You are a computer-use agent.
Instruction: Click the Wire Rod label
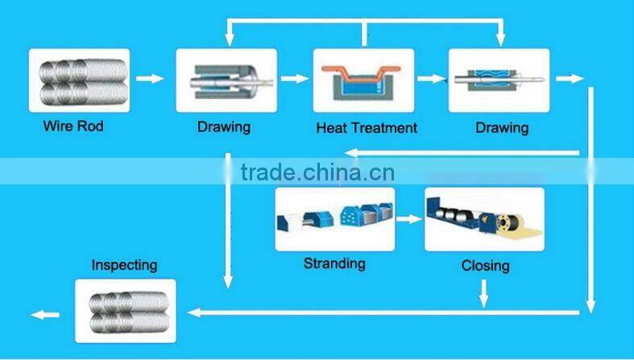pos(73,126)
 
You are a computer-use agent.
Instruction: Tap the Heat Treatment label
pos(367,128)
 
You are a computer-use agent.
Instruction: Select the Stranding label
pos(334,263)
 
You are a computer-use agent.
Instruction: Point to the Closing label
pos(485,266)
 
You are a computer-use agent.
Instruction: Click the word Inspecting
pos(124,265)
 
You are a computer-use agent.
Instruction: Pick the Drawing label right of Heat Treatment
pos(502,128)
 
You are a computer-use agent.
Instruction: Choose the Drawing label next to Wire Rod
pos(224,126)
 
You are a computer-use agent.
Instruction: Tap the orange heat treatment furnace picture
pos(364,80)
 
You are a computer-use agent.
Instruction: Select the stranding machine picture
pos(334,219)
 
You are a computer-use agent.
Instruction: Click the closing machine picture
pos(484,219)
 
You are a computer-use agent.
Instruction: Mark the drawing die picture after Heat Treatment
pos(499,80)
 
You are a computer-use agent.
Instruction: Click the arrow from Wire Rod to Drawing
pos(149,79)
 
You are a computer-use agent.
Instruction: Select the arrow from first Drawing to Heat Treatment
pos(295,79)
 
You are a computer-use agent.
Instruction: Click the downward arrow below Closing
pos(484,293)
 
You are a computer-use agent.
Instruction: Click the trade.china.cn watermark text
pos(317,172)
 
